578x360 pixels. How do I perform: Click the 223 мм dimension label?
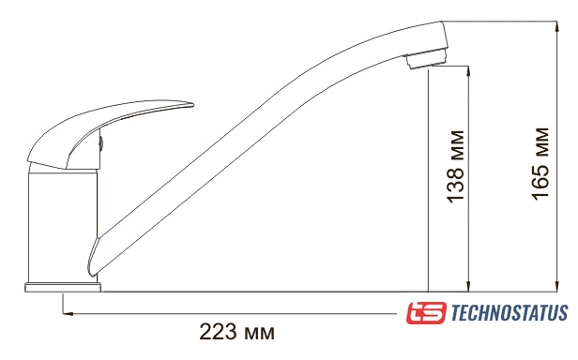236,332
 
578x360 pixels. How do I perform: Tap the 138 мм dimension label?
456,167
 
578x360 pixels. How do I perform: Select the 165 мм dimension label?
540,164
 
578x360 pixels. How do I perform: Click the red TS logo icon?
426,313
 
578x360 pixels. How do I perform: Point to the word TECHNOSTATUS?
510,313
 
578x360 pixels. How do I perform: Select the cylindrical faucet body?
63,225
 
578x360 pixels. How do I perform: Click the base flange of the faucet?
63,288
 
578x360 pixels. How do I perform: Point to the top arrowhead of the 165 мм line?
556,26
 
